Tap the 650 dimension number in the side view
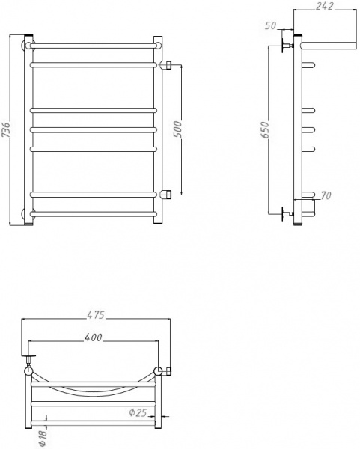tap(264, 132)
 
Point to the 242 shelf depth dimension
tap(324, 6)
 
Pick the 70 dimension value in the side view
tap(324, 197)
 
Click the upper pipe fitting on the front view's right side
tap(168, 65)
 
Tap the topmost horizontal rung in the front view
tap(94, 46)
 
